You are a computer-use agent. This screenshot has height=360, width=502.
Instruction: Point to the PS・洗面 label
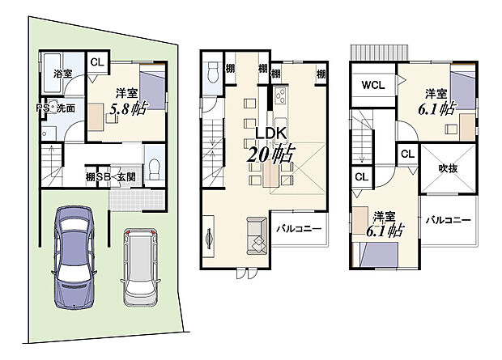(56, 108)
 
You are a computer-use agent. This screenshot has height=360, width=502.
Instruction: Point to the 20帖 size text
(272, 154)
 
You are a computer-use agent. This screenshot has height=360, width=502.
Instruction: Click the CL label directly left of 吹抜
(406, 154)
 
